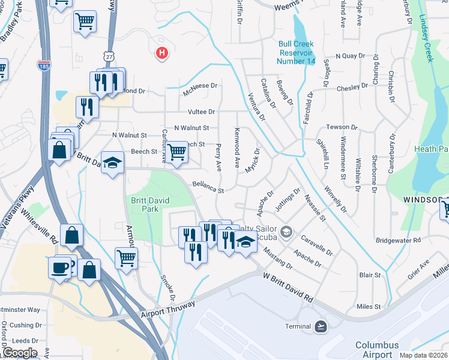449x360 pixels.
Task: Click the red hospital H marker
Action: pos(161,54)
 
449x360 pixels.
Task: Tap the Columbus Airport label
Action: pos(377,350)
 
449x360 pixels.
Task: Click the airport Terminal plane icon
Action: pos(321,326)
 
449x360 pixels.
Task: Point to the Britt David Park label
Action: pos(142,205)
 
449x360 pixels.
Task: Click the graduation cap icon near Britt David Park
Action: pos(112,163)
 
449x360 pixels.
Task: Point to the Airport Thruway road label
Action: pos(169,309)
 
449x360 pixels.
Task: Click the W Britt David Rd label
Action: pos(289,287)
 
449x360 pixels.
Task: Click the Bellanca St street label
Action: pos(208,188)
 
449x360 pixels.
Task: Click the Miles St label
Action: pos(369,307)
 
